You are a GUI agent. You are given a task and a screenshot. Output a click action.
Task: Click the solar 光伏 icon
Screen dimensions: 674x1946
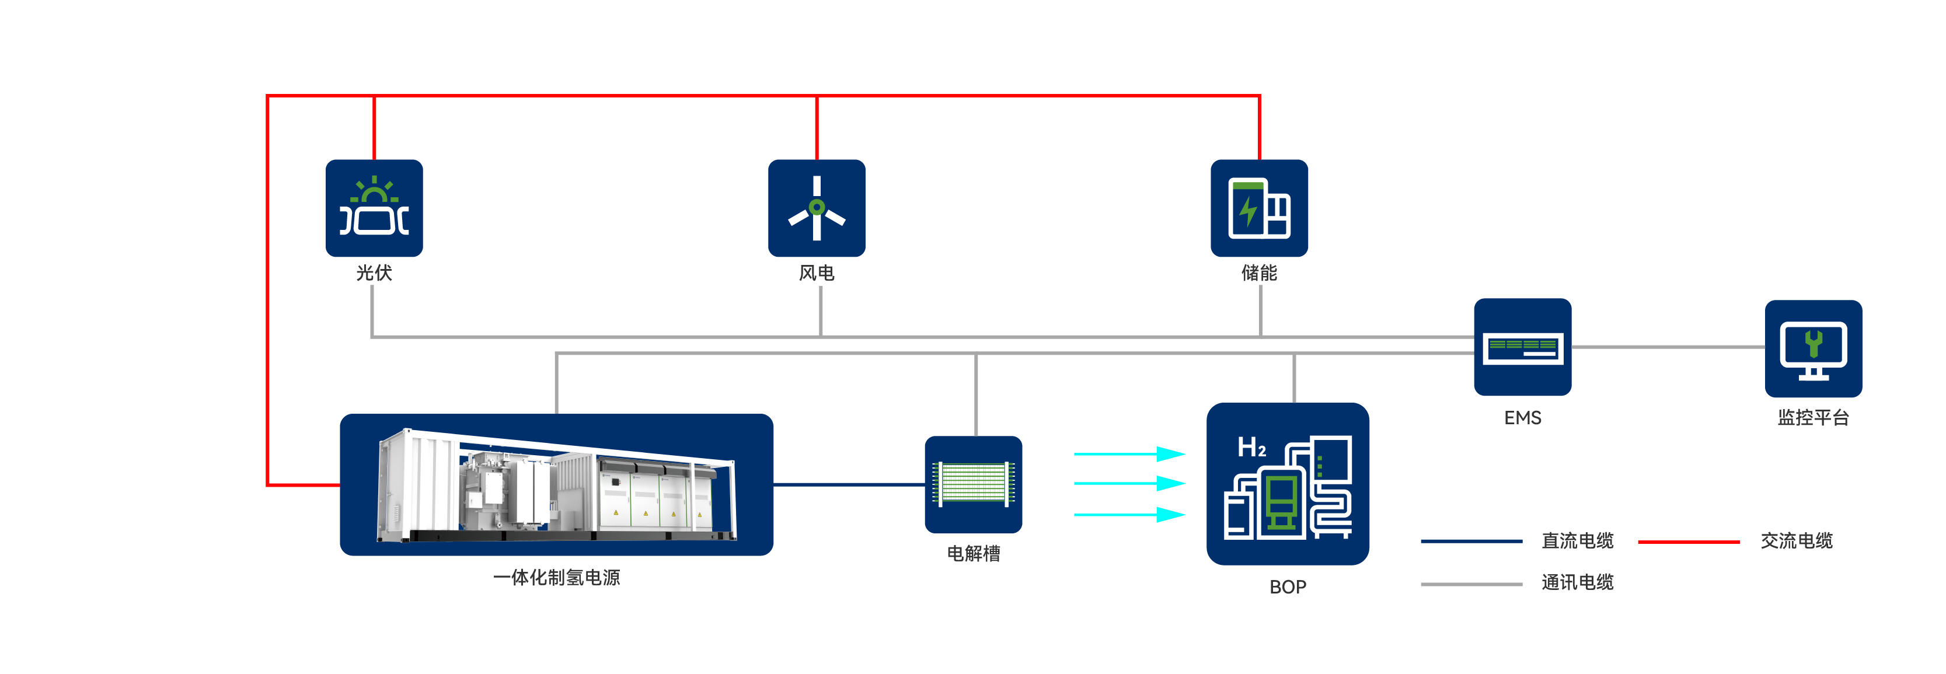click(x=374, y=208)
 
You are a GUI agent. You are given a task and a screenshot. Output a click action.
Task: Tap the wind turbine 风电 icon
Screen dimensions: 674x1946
click(x=817, y=208)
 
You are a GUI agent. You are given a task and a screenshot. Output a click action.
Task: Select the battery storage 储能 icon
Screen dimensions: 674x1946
click(x=1260, y=208)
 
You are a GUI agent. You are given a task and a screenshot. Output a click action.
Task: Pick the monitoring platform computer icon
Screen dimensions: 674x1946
click(x=1813, y=349)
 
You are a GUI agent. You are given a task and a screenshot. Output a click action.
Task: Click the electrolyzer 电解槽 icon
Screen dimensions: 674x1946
click(x=973, y=484)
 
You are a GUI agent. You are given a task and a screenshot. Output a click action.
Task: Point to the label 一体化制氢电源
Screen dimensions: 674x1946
click(x=557, y=577)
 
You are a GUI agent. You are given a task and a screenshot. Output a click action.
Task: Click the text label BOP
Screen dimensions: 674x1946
click(x=1287, y=587)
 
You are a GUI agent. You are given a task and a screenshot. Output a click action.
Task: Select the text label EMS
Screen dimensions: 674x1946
click(x=1522, y=418)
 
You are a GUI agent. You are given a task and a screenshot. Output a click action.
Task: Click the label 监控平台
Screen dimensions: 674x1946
click(x=1813, y=418)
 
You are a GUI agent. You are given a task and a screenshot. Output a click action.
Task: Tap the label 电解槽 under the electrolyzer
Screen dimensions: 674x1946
click(x=973, y=554)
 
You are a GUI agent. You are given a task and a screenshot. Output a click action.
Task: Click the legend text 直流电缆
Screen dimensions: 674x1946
click(x=1577, y=541)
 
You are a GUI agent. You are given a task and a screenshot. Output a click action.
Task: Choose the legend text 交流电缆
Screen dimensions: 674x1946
click(x=1797, y=541)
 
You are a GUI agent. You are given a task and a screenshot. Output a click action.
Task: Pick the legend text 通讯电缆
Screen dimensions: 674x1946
click(x=1577, y=582)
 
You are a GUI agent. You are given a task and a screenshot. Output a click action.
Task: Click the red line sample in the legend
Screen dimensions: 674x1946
click(x=1689, y=542)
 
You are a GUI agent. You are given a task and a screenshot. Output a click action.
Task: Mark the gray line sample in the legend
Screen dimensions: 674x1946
click(x=1471, y=584)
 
